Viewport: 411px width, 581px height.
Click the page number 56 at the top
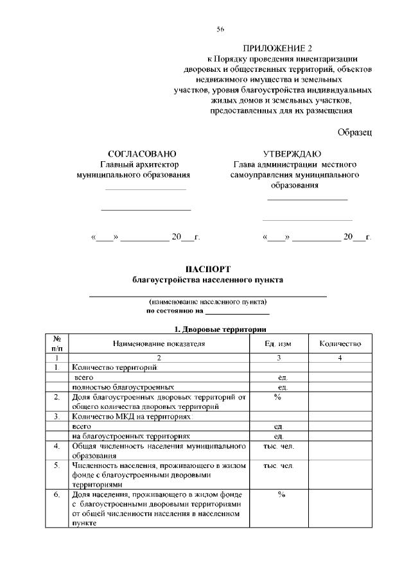click(220, 29)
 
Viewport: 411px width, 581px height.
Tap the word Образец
click(354, 132)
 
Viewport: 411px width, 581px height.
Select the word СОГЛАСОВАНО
click(142, 154)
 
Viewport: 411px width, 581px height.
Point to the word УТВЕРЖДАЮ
click(292, 154)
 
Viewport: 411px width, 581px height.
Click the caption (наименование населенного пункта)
click(207, 302)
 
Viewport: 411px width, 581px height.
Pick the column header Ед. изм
click(278, 344)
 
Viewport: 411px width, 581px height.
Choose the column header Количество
click(340, 344)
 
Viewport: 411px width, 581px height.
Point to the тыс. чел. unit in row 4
click(278, 446)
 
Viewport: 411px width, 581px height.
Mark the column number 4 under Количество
click(340, 358)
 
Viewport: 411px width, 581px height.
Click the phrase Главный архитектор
click(134, 164)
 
